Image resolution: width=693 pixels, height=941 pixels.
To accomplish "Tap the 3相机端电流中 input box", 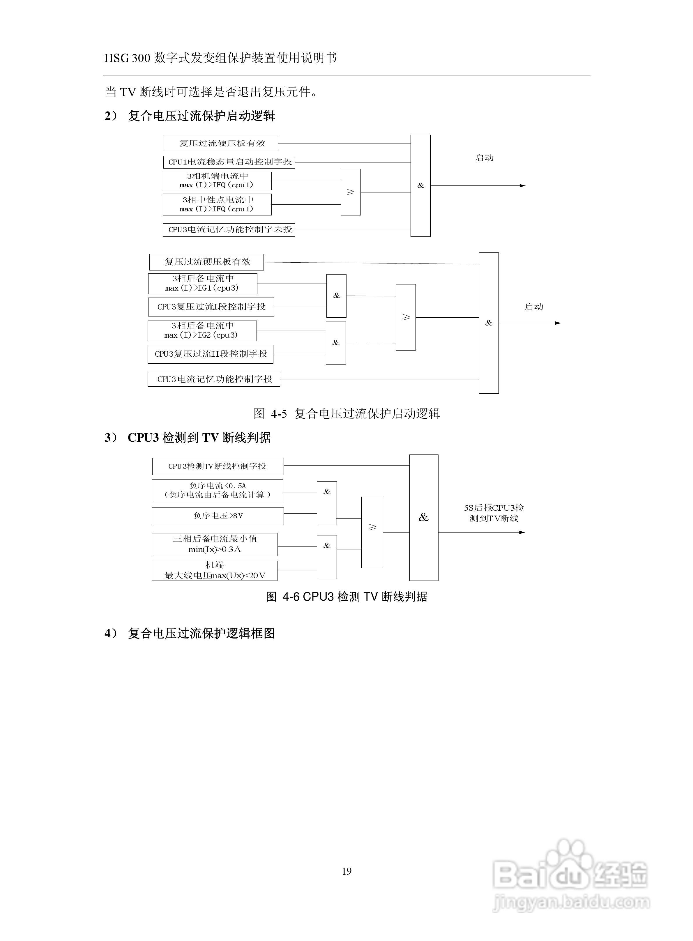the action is pos(217,181).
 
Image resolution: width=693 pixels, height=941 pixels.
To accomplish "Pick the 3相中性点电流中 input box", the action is pos(217,204).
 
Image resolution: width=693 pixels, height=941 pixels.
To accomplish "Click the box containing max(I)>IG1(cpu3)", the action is pos(203,284).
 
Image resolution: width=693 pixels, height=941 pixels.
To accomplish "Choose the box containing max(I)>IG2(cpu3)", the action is pos(202,330).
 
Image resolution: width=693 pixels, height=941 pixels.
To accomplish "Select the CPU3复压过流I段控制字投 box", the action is pos(211,307).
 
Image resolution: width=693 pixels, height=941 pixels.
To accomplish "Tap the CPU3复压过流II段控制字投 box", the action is pos(211,354).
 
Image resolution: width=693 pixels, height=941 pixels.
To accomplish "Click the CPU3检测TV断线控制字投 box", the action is pos(218,466).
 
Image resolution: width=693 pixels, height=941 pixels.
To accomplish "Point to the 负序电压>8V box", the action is pos(218,516).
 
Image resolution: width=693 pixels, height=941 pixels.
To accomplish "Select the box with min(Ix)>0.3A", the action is pos(214,544).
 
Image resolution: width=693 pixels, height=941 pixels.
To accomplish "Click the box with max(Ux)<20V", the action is pos(214,571).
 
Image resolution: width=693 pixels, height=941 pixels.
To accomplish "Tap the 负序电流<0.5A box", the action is pos(217,491).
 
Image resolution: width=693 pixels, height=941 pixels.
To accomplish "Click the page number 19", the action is pos(346,871).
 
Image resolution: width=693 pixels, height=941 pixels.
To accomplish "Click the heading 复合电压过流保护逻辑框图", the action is pos(201,633).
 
